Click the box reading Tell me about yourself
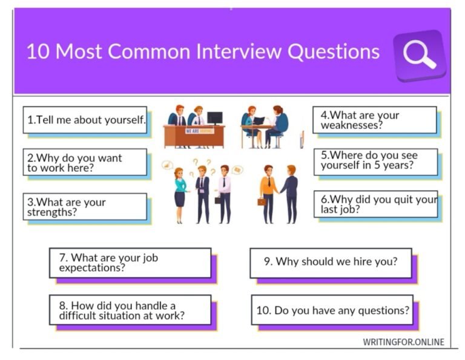pos(85,120)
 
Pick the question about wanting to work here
pos(85,163)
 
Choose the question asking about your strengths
pos(85,207)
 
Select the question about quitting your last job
pos(375,204)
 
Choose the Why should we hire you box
pos(331,262)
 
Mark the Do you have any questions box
pos(332,310)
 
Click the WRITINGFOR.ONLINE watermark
pos(403,342)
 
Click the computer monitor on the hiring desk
pos(214,117)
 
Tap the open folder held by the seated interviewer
pos(259,120)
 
